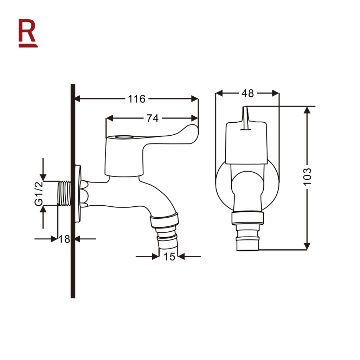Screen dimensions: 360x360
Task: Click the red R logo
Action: [28, 33]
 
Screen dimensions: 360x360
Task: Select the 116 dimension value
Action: [137, 99]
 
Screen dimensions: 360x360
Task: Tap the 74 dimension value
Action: [153, 118]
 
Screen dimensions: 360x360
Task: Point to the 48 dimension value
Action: [247, 94]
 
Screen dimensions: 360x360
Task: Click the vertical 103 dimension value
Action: [307, 176]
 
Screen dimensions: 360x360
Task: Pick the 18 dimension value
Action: [65, 239]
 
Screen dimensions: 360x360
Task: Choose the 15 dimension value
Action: [169, 257]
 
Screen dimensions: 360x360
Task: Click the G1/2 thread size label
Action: [39, 194]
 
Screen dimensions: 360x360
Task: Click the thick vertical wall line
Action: [73, 191]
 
